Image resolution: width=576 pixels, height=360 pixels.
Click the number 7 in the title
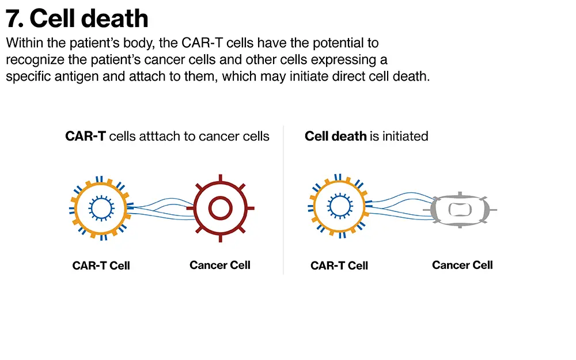14,18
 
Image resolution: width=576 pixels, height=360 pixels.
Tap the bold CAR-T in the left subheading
85,137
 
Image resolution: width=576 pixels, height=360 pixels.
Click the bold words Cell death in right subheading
335,137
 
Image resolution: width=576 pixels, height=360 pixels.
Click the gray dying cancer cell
460,208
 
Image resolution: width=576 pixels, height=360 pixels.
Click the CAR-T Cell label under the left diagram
101,266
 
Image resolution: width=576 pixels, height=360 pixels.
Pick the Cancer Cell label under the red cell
220,265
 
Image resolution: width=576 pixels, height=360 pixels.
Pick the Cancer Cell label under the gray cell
462,265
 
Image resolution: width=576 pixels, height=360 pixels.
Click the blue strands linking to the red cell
161,209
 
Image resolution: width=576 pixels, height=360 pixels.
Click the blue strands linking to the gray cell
400,209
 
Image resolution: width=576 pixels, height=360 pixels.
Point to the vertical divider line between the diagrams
283,202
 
